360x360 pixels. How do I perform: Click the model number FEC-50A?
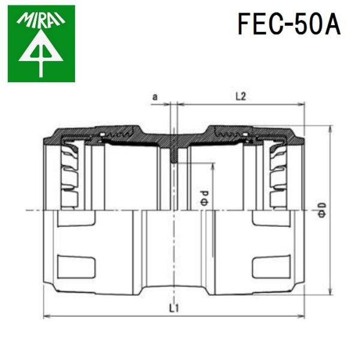tap(289, 25)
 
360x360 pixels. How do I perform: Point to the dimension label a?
tap(155, 96)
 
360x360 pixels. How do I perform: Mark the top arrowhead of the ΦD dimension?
tap(329, 130)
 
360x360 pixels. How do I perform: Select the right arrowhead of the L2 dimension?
tap(302, 104)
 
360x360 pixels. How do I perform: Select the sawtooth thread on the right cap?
tap(234, 133)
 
